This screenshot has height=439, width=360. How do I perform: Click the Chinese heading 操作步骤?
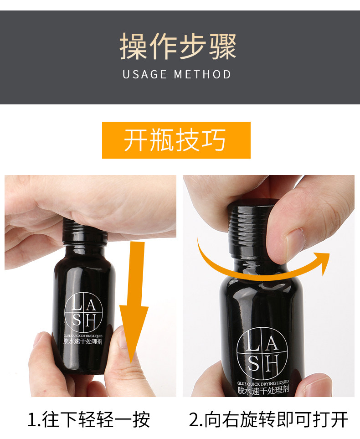coord(178,46)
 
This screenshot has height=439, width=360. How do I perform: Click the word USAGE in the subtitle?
coord(145,74)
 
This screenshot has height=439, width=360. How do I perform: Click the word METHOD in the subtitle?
coord(202,74)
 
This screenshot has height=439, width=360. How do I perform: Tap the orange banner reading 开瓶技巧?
coord(176,140)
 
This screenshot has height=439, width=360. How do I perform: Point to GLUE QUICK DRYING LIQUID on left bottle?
coord(83,336)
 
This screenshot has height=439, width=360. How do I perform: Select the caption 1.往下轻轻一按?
coord(89,419)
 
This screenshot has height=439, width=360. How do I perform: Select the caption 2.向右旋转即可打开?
coord(268,419)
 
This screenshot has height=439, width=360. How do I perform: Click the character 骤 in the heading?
coord(223,46)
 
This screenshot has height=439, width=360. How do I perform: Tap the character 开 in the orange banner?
coord(136,140)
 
